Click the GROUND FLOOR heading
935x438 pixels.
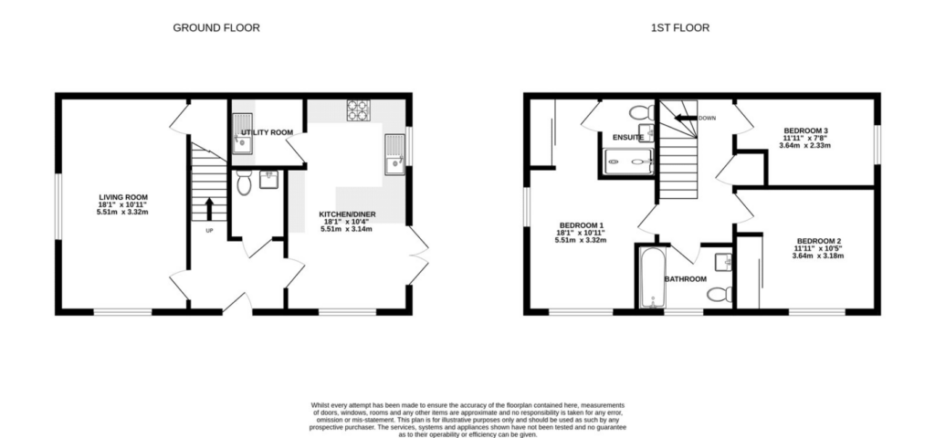[x=216, y=27]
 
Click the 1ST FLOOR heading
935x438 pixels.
[x=679, y=27]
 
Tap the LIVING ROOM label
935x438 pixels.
[x=123, y=196]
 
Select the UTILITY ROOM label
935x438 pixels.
[x=267, y=132]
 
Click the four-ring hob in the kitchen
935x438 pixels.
[x=357, y=110]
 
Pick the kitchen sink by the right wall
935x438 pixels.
[x=394, y=153]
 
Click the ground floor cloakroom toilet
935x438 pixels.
[x=244, y=184]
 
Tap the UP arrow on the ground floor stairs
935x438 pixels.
[x=209, y=208]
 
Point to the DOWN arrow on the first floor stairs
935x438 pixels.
[x=683, y=118]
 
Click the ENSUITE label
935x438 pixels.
[x=628, y=138]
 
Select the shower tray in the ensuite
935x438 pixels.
[x=627, y=162]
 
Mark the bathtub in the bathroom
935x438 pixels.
[x=652, y=276]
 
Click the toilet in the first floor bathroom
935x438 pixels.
[x=720, y=294]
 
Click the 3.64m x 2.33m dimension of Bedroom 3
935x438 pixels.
[x=804, y=145]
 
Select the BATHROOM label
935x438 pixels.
[x=685, y=278]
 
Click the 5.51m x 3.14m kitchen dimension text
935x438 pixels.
[x=346, y=229]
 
